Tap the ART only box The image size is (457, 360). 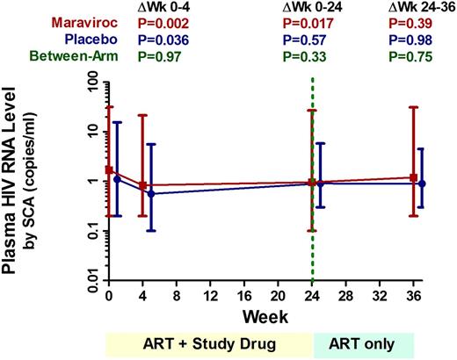tap(363, 344)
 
